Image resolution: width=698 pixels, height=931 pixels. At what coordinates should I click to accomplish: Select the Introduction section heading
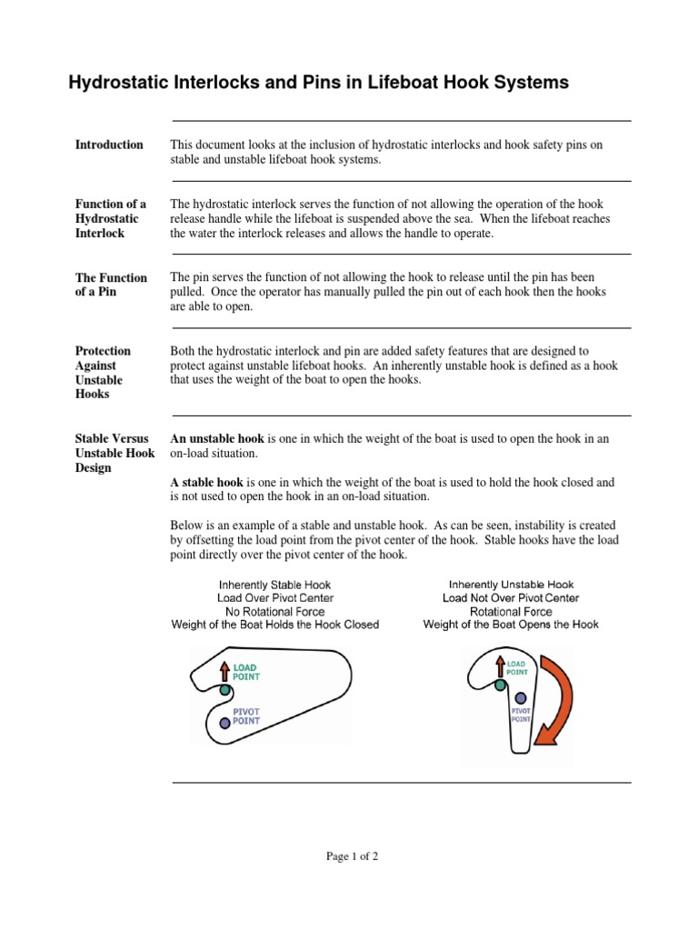click(109, 145)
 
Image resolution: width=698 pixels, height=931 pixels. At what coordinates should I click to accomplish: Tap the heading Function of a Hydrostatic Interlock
click(110, 218)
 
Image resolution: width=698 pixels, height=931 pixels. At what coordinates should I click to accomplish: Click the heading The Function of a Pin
click(110, 285)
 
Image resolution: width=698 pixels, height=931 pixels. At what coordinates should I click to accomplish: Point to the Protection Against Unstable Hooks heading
click(103, 373)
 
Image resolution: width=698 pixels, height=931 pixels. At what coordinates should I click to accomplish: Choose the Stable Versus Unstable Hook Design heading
click(115, 453)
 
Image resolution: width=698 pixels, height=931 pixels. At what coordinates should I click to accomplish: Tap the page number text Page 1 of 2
click(353, 856)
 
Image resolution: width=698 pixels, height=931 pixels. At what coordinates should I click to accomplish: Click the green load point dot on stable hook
click(225, 691)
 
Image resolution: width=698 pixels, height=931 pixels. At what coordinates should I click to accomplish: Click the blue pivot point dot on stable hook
click(225, 722)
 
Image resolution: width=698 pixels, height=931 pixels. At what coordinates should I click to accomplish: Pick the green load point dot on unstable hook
click(500, 686)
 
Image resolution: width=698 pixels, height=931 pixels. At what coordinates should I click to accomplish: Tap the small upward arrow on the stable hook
click(225, 671)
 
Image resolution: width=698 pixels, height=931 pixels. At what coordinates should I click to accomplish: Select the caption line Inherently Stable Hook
click(275, 585)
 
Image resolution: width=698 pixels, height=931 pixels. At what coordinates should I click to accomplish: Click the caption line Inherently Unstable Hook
click(511, 585)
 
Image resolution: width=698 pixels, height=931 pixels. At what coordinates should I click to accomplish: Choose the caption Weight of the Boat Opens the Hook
click(511, 626)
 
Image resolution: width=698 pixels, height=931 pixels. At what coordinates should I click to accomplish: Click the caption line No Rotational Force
click(275, 612)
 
